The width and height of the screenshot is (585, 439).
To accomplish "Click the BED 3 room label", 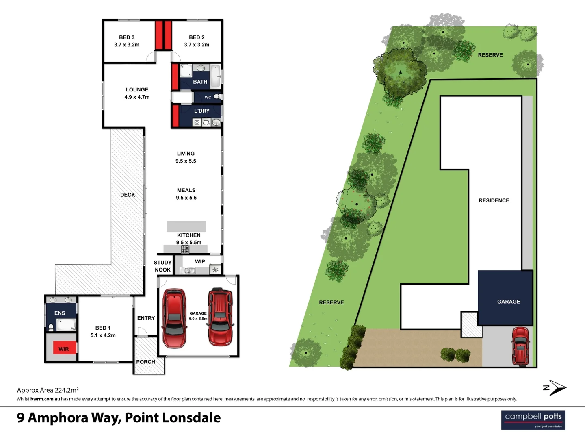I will (x=127, y=37).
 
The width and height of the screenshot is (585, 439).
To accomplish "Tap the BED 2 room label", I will (x=197, y=37).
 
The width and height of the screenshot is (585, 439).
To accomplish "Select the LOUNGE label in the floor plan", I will (x=137, y=90).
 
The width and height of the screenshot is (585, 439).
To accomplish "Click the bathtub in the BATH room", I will (x=215, y=76).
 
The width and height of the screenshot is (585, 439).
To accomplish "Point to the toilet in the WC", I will (x=218, y=97).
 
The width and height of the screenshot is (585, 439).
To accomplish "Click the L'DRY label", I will (x=201, y=111).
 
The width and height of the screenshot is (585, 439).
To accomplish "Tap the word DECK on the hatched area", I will (x=128, y=195).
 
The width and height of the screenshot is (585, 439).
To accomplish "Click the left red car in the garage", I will (x=174, y=318).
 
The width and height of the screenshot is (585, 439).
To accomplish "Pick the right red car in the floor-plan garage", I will (x=220, y=316).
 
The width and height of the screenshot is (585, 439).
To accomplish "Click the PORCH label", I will (x=145, y=362).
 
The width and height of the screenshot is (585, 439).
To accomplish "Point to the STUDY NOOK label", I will (x=162, y=266).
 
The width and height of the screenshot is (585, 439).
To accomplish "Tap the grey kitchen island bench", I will (x=186, y=226).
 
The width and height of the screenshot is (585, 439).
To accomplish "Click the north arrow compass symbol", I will (x=555, y=388).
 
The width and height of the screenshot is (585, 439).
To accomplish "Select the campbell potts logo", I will (x=533, y=419).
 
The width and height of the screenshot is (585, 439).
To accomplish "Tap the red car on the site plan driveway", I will (x=520, y=346).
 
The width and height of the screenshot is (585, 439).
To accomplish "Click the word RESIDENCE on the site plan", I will (x=494, y=200).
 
